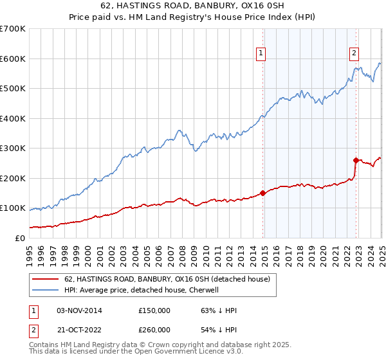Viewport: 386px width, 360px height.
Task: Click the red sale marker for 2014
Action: (x=262, y=193)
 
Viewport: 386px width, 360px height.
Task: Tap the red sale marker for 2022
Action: (x=356, y=160)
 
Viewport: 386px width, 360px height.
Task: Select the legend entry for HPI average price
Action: (x=142, y=290)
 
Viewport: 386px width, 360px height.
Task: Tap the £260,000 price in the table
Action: (x=154, y=330)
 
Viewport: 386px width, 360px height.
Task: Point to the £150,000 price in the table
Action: (x=154, y=310)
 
